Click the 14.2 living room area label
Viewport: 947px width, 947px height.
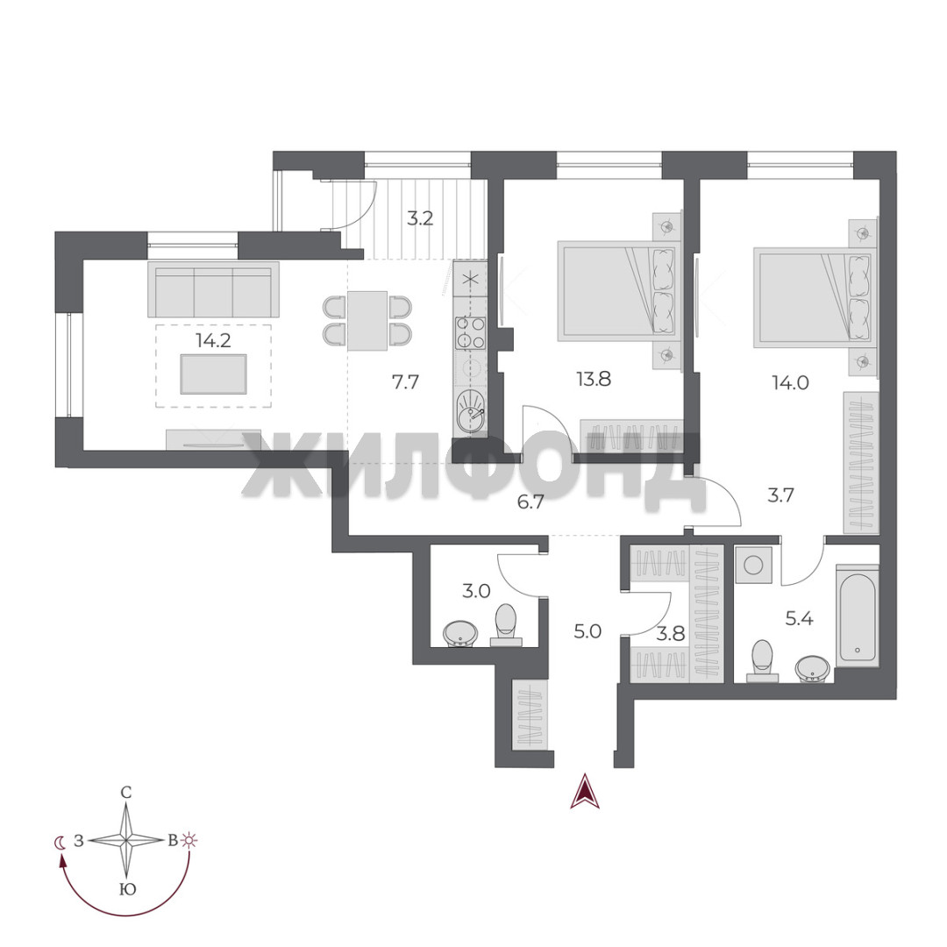coord(213,340)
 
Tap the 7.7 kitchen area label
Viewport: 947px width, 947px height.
coord(405,381)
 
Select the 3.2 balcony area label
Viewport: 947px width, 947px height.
coord(420,218)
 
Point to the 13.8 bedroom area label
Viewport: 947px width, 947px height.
coord(594,380)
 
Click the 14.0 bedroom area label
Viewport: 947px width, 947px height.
coord(791,382)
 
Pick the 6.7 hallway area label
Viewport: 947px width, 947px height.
coord(530,502)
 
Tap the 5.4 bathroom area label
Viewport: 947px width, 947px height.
coord(799,618)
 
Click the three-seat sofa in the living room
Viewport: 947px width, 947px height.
coord(214,289)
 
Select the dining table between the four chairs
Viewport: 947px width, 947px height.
coord(367,321)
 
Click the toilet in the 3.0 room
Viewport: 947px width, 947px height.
coord(506,625)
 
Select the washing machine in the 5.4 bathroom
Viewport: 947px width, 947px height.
coord(753,565)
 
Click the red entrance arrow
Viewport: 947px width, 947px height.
coord(585,791)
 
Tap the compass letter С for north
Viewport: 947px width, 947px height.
coord(126,793)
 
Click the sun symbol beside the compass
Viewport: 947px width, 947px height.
coord(190,840)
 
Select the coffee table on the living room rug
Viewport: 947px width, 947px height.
coord(214,374)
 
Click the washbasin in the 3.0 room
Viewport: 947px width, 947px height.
coord(460,634)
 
